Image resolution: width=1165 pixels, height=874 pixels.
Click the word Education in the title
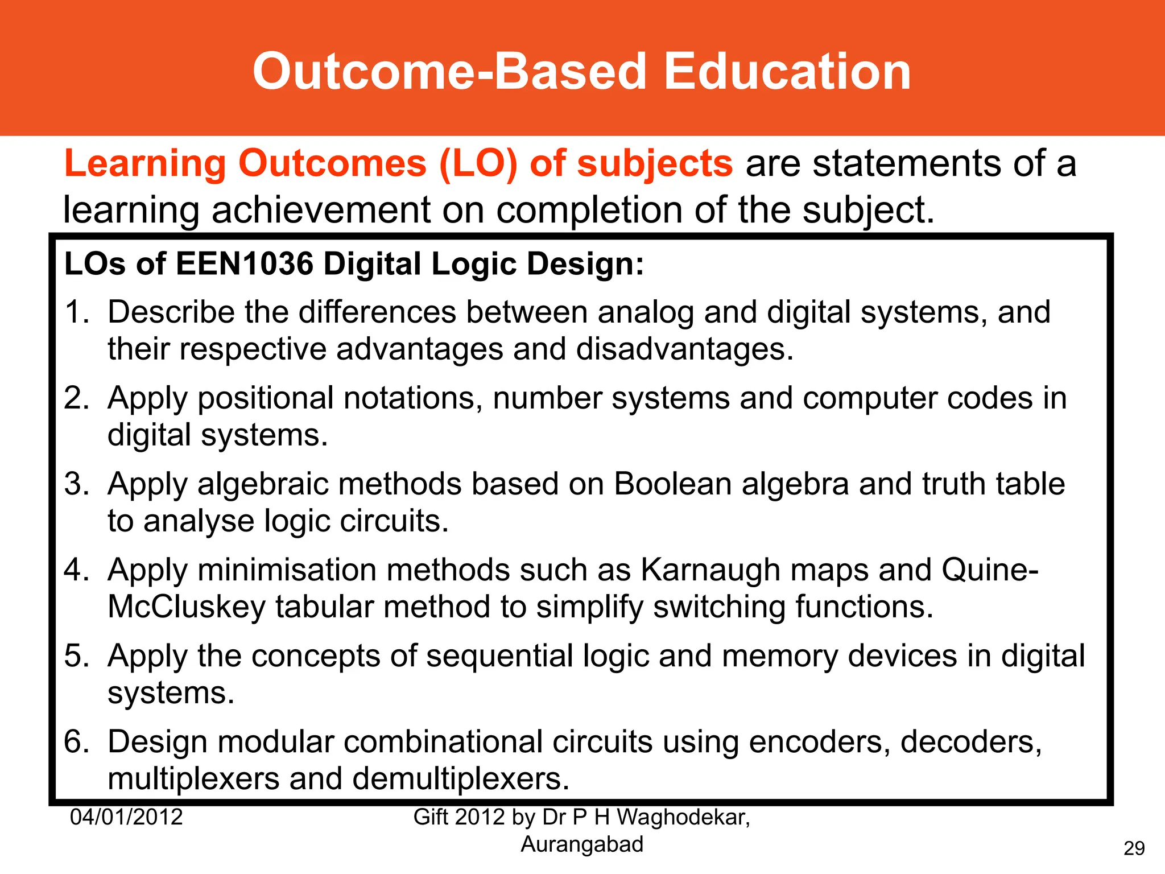click(x=787, y=72)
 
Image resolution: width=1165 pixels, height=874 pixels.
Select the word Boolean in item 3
click(x=673, y=484)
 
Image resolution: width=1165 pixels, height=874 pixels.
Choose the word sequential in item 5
click(x=499, y=656)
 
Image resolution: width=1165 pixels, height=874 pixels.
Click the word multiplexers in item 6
click(x=193, y=780)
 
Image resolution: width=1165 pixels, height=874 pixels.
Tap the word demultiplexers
click(x=461, y=780)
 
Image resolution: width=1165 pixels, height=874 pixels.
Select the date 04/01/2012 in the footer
click(x=126, y=817)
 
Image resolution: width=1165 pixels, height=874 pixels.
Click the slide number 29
click(x=1134, y=848)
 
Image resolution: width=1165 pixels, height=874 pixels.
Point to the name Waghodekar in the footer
click(x=683, y=817)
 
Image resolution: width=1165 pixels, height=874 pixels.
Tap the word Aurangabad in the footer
click(x=582, y=844)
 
